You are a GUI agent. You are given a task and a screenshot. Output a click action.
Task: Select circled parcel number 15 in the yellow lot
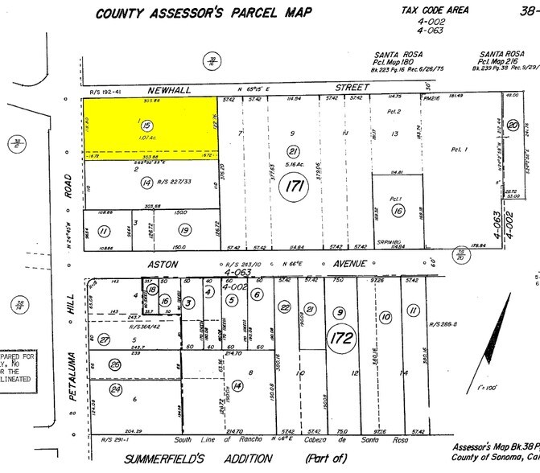[146, 125]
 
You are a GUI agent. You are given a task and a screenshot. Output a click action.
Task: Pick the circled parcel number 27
[105, 339]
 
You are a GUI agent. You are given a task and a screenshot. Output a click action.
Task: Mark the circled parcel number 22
[284, 307]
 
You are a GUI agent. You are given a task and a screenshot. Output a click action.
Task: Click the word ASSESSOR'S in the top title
[192, 14]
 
